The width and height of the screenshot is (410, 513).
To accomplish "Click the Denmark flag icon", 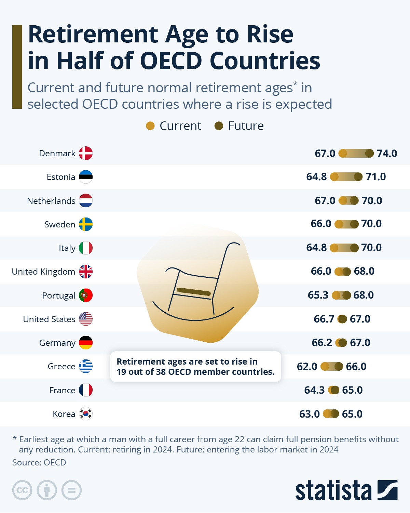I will click(x=86, y=153).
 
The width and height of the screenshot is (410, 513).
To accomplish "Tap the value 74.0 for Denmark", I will click(x=387, y=153).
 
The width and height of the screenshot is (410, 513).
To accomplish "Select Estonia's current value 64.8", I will click(x=316, y=177).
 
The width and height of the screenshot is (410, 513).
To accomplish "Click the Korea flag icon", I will click(x=86, y=414).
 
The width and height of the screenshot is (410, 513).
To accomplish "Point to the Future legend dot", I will click(x=219, y=126).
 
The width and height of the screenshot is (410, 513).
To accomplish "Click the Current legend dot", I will click(x=150, y=126).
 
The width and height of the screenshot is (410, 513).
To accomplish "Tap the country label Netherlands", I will click(x=51, y=201).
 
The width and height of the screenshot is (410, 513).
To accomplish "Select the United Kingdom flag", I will click(x=86, y=272).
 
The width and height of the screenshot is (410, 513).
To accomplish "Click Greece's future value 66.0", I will click(x=356, y=366).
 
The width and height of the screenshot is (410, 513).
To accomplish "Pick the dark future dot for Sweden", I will click(x=355, y=224).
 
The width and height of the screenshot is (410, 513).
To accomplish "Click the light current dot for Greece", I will click(x=325, y=366).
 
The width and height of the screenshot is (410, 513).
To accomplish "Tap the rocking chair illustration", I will click(x=197, y=284).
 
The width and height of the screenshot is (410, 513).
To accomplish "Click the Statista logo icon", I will click(x=387, y=490).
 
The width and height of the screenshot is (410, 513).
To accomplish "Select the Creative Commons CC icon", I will click(x=22, y=490).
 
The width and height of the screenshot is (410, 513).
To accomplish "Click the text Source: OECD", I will click(x=39, y=462).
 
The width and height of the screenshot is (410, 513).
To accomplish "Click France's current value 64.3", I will click(x=314, y=390).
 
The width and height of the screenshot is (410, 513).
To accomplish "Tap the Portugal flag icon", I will click(x=86, y=295).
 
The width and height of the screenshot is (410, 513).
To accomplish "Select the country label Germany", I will click(x=57, y=343).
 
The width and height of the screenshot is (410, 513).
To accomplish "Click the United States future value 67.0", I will click(x=360, y=319).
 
